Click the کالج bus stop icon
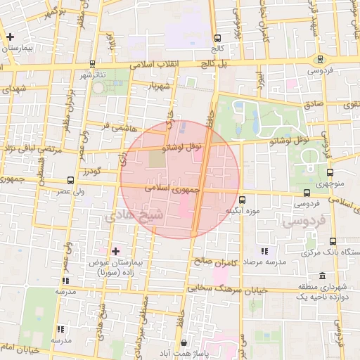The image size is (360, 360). (217, 39)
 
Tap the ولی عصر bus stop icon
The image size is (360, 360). (70, 180)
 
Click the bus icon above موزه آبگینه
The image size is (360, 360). (242, 199)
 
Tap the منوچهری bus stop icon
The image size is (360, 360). (330, 172)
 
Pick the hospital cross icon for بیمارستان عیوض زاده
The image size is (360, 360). (115, 250)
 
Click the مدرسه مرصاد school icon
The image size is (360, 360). (264, 250)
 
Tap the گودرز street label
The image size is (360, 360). (92, 172)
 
